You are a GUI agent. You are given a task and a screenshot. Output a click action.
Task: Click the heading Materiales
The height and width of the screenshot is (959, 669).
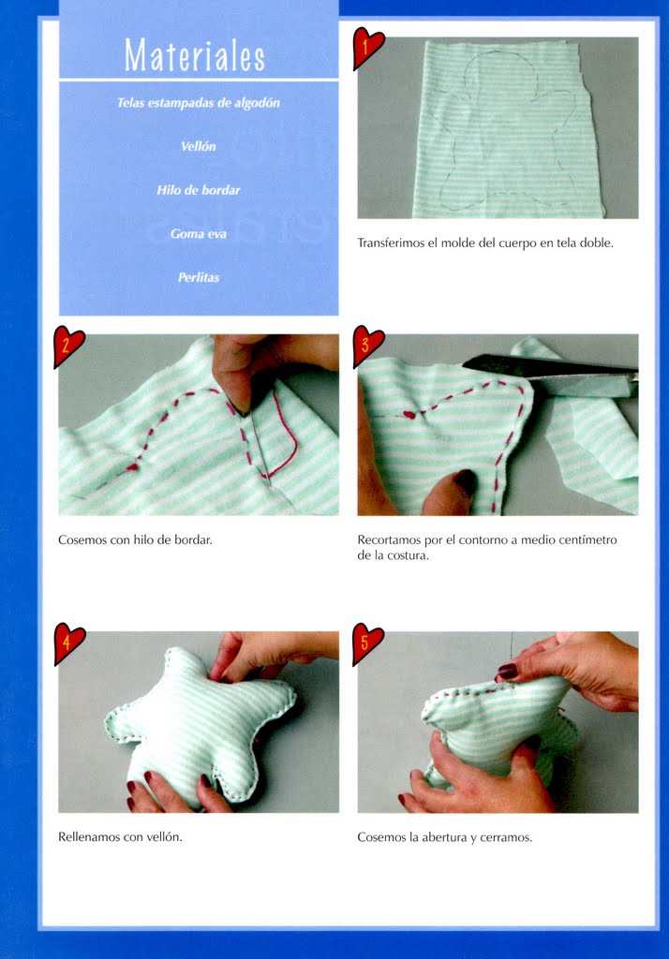coord(195,55)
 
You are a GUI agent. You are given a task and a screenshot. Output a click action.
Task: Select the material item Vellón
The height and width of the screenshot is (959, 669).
coord(199,146)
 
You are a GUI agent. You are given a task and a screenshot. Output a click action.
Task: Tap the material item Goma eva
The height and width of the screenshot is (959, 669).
coord(199,233)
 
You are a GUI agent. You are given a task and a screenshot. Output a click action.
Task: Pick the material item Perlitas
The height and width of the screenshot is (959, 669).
coord(199,277)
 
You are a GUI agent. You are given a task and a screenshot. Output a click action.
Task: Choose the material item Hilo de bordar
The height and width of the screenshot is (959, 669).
coord(199,190)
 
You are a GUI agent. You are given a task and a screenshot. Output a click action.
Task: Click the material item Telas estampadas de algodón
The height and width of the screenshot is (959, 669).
coord(199,103)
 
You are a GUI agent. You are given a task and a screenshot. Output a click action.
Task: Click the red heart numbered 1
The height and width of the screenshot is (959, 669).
coord(368,47)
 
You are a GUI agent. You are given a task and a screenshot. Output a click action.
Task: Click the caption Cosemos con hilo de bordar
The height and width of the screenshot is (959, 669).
coord(135,540)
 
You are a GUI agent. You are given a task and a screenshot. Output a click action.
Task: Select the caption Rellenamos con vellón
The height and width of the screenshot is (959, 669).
coord(120,836)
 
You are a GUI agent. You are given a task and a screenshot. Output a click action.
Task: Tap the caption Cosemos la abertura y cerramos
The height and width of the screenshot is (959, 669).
coord(444,837)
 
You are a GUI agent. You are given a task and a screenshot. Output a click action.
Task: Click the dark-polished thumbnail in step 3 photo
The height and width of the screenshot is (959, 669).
coord(467,480)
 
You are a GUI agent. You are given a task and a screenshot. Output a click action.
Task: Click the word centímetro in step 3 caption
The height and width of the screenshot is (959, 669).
coord(589,540)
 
